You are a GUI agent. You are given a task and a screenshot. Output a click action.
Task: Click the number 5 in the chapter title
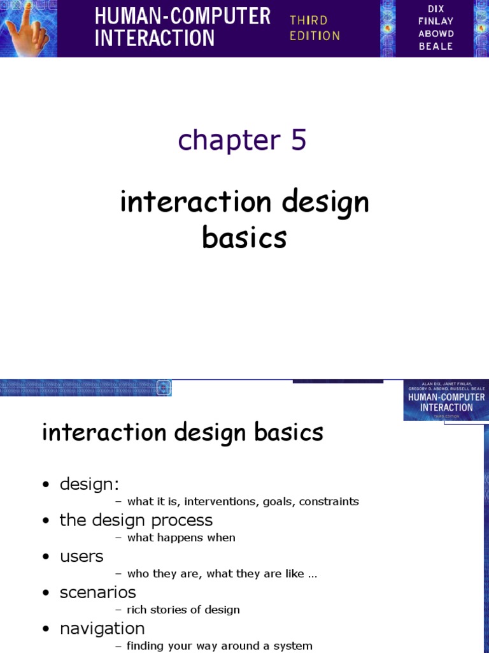coord(299,140)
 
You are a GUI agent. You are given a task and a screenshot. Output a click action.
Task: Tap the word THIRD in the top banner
coord(309,20)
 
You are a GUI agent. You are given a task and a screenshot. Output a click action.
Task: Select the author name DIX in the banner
coord(436,8)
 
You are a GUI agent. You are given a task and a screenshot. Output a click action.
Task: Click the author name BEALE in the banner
coord(436,47)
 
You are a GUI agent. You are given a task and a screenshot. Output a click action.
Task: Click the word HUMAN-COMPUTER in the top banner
coord(183,16)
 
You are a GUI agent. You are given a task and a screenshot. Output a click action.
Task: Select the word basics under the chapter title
coord(244,238)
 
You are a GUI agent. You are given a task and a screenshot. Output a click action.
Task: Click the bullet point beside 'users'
coord(46,557)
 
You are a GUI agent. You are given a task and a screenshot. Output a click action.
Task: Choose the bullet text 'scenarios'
coord(97,592)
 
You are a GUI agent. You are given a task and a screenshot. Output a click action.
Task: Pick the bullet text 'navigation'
coord(102,629)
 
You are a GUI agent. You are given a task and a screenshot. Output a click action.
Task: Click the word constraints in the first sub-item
coord(329,501)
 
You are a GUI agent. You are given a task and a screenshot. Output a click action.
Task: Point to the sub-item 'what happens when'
coord(181,538)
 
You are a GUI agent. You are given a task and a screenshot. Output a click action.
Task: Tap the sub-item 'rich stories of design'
coord(183,610)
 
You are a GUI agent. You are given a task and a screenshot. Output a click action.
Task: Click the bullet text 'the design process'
coord(136,520)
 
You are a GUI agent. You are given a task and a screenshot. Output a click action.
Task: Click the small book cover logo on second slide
coord(445,400)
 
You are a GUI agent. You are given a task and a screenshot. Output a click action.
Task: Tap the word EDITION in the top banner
coord(315,36)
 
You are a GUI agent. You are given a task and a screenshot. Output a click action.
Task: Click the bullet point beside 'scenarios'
coord(46,594)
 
